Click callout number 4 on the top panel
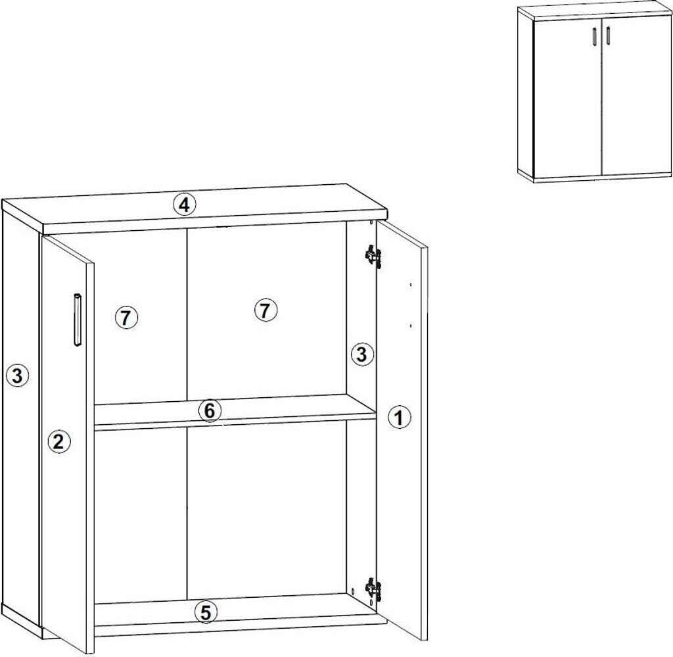point(184,205)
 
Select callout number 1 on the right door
point(399,417)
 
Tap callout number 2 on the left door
point(58,441)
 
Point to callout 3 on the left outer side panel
point(17,376)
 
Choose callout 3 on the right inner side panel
point(362,354)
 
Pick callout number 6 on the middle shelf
point(210,411)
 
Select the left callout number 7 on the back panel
point(126,318)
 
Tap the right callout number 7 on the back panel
point(266,310)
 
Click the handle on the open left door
point(78,320)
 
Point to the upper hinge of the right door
point(373,256)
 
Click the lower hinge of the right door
point(373,589)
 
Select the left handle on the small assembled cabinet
point(593,36)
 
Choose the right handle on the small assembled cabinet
point(608,36)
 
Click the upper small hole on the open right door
point(411,285)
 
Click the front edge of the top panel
point(216,224)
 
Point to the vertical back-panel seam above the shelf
point(187,314)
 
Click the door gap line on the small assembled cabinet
point(602,97)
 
